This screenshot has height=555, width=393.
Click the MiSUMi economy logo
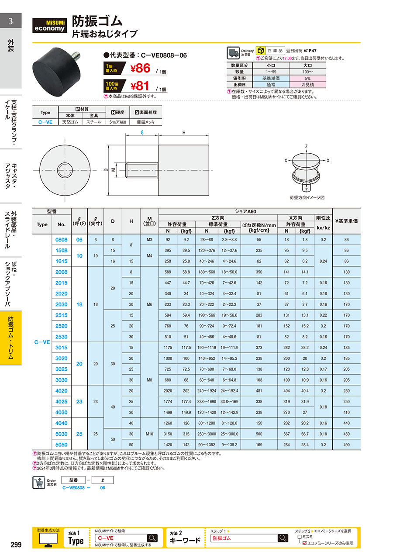49,25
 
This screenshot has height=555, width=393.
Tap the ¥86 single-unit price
141,68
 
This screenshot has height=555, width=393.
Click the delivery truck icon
233,53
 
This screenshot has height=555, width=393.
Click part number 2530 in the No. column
61,337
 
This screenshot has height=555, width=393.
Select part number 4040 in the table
61,423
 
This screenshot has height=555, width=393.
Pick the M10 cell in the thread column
149,434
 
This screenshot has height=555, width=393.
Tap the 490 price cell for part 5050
346,445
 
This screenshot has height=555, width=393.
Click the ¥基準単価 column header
346,221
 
